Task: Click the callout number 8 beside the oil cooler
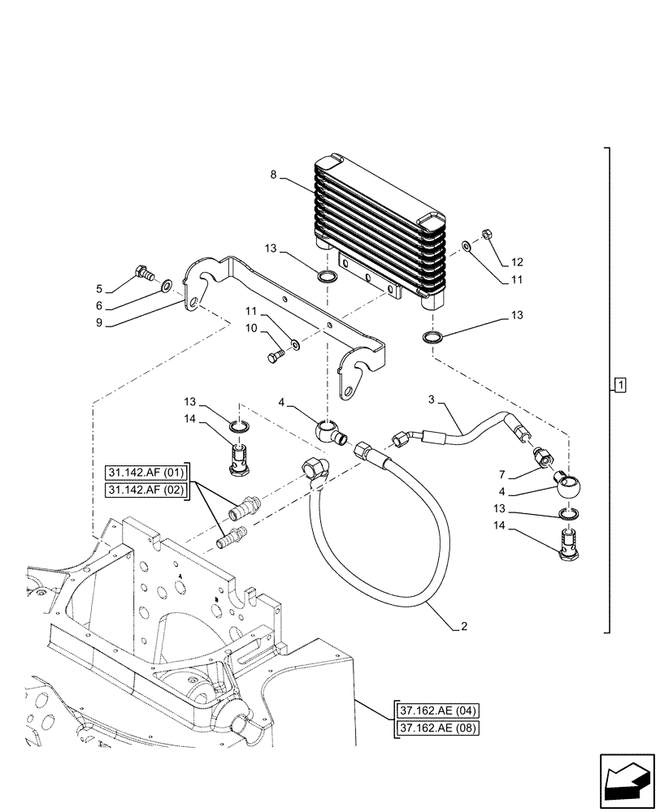pos(274,174)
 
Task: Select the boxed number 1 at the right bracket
pos(619,383)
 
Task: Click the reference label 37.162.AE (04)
pos(437,711)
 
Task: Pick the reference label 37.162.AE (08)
pos(437,728)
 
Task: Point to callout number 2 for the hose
pos(463,627)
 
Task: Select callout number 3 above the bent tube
pos(432,400)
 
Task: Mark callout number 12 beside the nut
pos(517,262)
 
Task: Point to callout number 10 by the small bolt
pos(251,328)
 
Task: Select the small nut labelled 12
pos(486,235)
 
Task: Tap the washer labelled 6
pos(166,284)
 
